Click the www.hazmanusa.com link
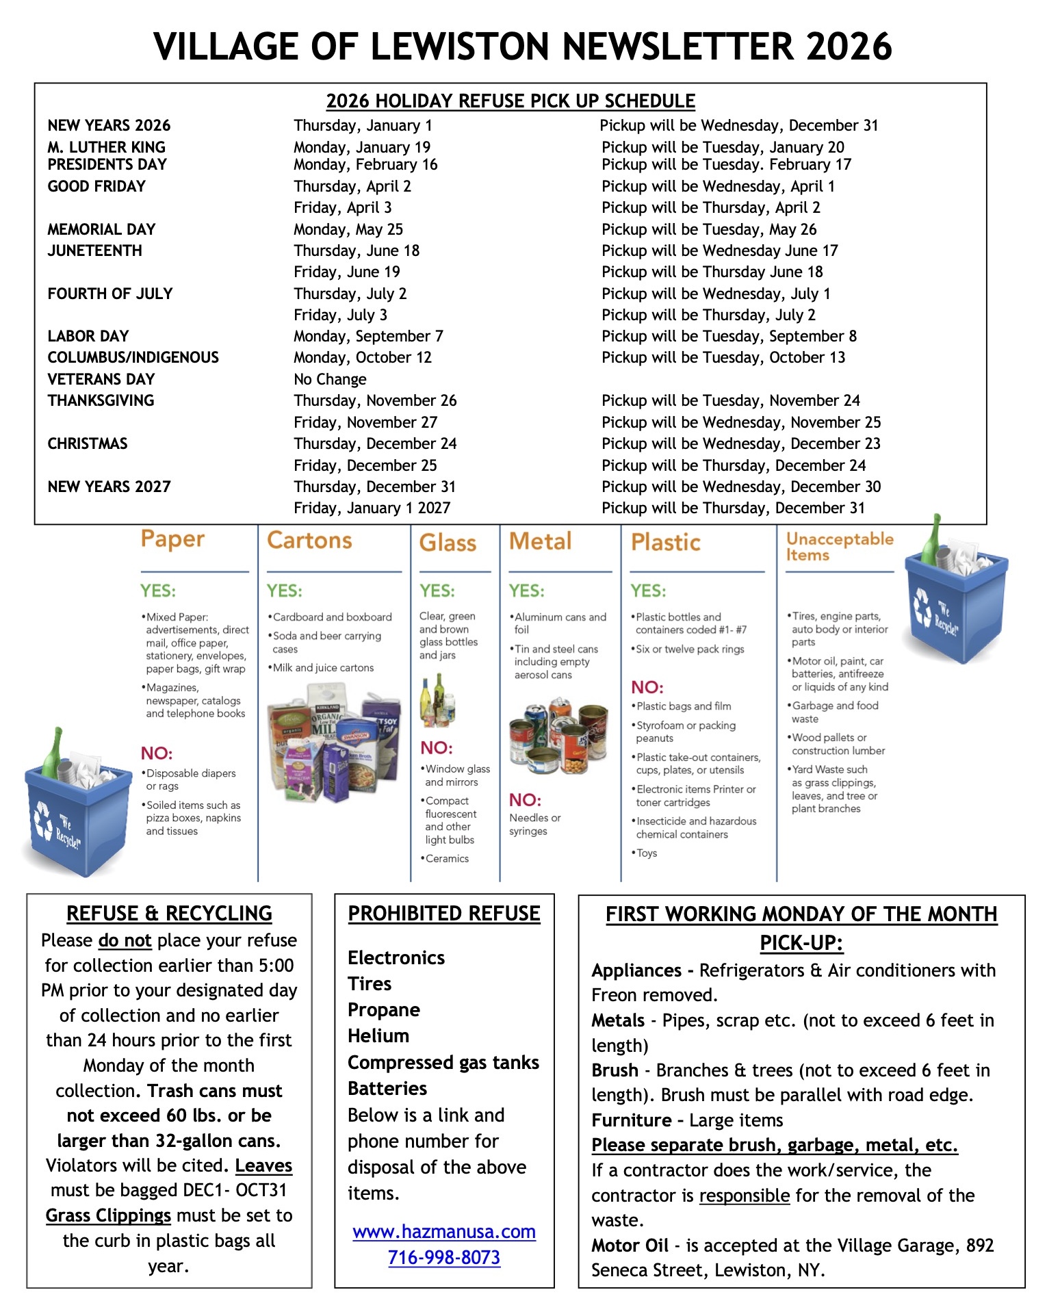coord(444,1232)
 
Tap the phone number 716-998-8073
coord(444,1258)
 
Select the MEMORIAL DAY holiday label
coord(101,229)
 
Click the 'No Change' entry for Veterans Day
coord(330,379)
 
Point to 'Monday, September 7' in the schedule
coord(368,336)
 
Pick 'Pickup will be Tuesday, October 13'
coord(723,357)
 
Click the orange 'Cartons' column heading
coord(309,540)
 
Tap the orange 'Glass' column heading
coord(448,543)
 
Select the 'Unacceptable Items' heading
coord(840,547)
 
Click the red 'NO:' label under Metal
coord(525,800)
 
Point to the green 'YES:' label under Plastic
coord(648,591)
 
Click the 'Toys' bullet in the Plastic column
coord(646,853)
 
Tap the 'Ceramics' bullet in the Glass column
coord(447,858)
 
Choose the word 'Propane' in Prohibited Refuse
coord(384,1010)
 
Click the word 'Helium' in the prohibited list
coord(378,1036)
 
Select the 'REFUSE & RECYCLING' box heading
coord(169,914)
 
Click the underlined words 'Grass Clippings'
coord(108,1215)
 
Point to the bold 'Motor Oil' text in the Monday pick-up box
coord(630,1246)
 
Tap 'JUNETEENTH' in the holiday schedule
coord(94,250)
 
